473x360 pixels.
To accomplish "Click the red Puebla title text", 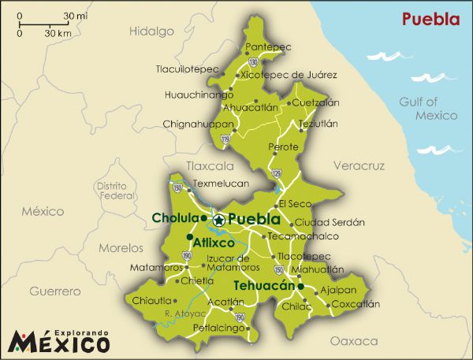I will tap(430, 19).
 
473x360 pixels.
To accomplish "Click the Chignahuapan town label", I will tap(198, 124).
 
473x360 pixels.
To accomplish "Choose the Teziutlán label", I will tap(318, 124).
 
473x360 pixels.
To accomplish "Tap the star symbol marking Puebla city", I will tap(218, 220).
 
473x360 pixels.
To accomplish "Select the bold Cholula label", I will tap(174, 218).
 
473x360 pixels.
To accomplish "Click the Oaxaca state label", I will tap(348, 341).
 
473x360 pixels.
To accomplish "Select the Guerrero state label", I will tap(55, 291).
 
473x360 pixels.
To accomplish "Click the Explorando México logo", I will tap(59, 341).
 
